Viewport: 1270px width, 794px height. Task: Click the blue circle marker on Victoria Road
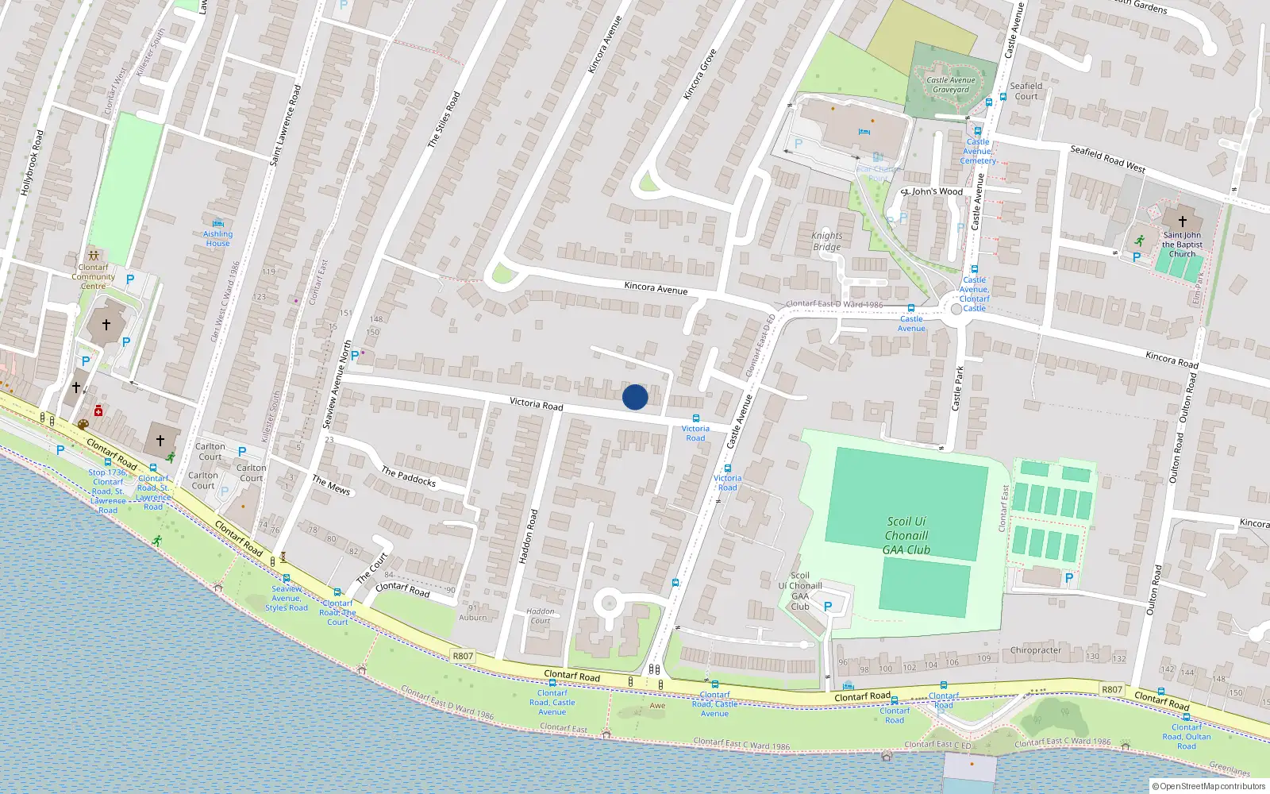(635, 397)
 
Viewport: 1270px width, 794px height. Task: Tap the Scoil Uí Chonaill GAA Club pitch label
(906, 535)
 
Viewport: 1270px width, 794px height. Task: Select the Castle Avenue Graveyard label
(950, 85)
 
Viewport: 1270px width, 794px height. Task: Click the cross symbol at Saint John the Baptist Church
(1182, 222)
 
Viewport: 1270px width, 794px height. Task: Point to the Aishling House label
(217, 238)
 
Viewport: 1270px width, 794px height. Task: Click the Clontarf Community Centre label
(93, 276)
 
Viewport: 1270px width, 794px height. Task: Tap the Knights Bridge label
(826, 241)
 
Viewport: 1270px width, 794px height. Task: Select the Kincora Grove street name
(699, 75)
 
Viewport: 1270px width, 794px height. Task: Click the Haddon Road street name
(528, 537)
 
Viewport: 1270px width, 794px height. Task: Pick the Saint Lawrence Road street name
(286, 125)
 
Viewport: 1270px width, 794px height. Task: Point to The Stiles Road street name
(444, 120)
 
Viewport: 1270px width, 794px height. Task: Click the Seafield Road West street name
(1107, 159)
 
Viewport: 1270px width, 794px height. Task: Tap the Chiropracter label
(1035, 650)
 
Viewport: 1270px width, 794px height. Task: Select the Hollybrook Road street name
(32, 163)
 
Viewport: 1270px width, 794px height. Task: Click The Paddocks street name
(408, 476)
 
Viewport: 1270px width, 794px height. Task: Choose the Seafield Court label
(1026, 91)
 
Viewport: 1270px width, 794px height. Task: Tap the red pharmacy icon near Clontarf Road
(98, 410)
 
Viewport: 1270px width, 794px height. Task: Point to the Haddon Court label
(541, 616)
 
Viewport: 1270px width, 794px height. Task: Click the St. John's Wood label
(932, 191)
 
